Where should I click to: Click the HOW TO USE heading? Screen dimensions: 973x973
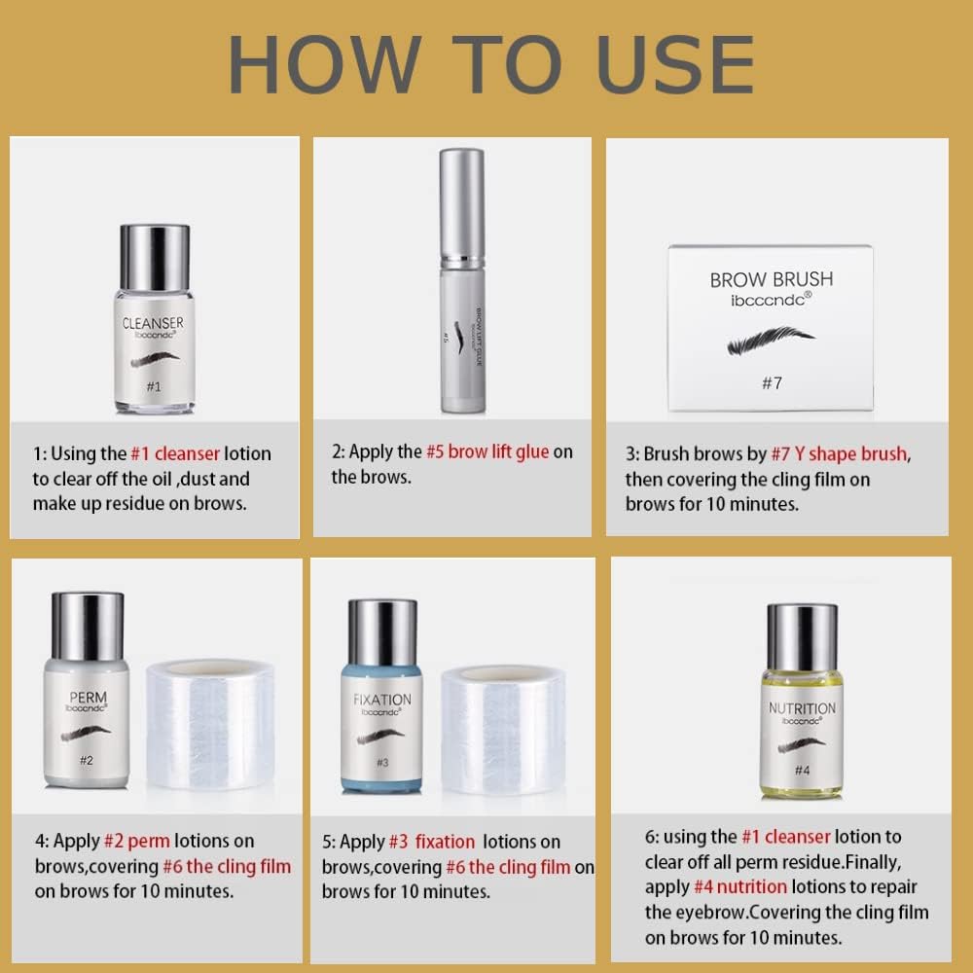coord(490,65)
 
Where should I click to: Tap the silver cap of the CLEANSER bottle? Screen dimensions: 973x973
coord(154,257)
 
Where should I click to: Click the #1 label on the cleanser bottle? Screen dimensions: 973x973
coord(153,385)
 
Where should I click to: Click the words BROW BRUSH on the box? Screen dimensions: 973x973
coord(771,279)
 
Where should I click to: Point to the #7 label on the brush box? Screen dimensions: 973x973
coord(771,382)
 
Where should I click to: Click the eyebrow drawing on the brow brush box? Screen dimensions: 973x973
coord(771,342)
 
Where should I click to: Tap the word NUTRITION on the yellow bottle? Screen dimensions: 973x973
coord(802,708)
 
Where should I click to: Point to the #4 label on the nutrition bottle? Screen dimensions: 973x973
coord(802,770)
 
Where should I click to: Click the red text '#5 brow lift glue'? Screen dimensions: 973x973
coord(487,451)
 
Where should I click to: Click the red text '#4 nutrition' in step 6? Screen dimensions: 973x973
coord(740,886)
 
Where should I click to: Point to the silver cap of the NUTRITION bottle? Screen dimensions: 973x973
coord(802,636)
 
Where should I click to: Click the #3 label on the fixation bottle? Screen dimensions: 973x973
coord(382,763)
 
